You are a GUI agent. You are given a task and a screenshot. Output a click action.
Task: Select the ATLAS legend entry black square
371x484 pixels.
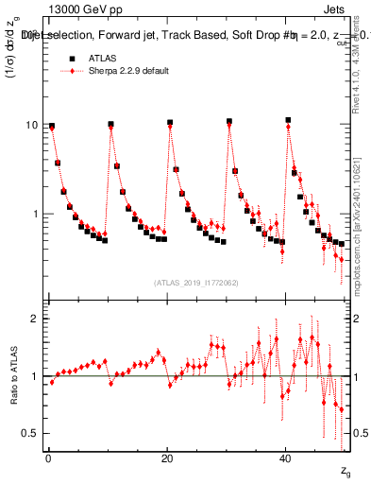(69, 58)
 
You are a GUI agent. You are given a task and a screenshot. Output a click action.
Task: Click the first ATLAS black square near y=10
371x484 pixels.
(52, 126)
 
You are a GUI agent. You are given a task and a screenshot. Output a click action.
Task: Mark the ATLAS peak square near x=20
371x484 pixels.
(170, 123)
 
